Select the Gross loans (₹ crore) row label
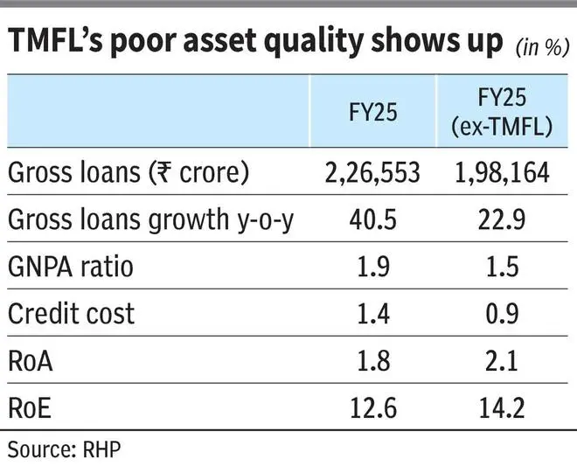[x=129, y=173]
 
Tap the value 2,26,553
[x=366, y=173]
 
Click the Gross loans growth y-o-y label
[x=150, y=220]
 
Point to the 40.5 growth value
[x=366, y=220]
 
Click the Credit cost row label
[x=72, y=312]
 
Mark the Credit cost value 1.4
[x=366, y=312]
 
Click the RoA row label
[x=32, y=358]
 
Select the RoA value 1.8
[x=366, y=358]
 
